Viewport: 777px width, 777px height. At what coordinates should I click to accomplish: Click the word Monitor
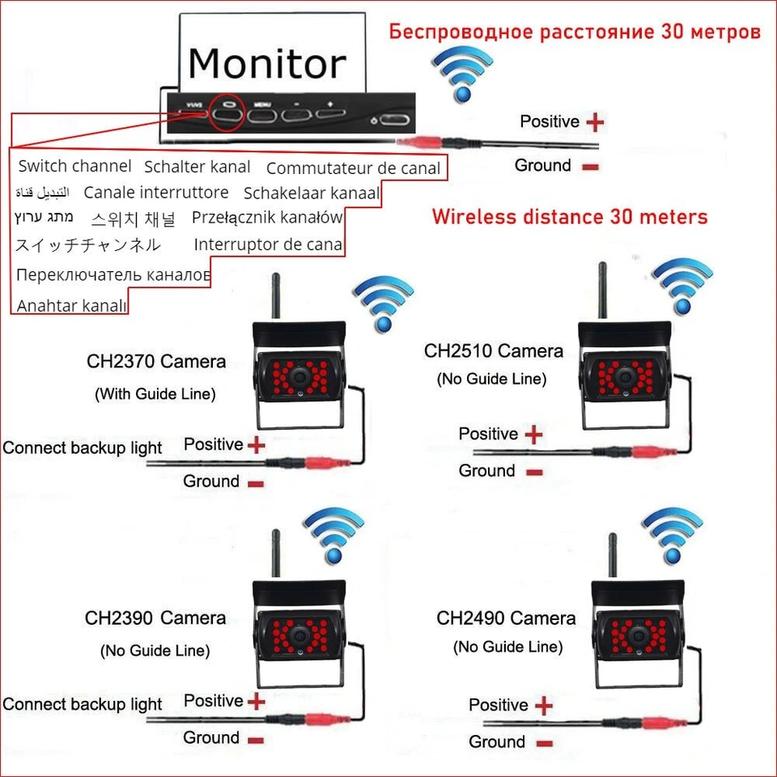pos(266,63)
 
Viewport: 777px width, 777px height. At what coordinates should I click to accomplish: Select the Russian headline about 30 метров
pos(575,32)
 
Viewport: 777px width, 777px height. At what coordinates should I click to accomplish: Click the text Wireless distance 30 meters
pos(569,217)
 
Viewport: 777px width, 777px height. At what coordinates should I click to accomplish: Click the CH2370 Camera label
pos(156,361)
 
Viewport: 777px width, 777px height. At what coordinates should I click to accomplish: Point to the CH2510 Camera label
pos(494,351)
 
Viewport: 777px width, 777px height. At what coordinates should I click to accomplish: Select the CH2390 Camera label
pos(155,618)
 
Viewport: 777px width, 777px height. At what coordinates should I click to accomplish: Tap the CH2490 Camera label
pos(506,619)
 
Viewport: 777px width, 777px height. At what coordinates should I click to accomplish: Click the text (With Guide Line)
pos(155,394)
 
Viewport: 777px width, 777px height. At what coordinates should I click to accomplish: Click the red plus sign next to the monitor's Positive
pos(595,122)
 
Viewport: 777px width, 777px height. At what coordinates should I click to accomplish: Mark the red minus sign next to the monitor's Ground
pos(589,167)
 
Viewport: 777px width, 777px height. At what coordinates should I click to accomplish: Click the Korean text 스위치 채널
pos(133,219)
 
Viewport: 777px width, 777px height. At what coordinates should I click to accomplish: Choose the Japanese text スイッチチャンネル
pos(87,244)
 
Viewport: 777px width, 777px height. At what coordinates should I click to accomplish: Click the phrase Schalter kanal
pos(197,168)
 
